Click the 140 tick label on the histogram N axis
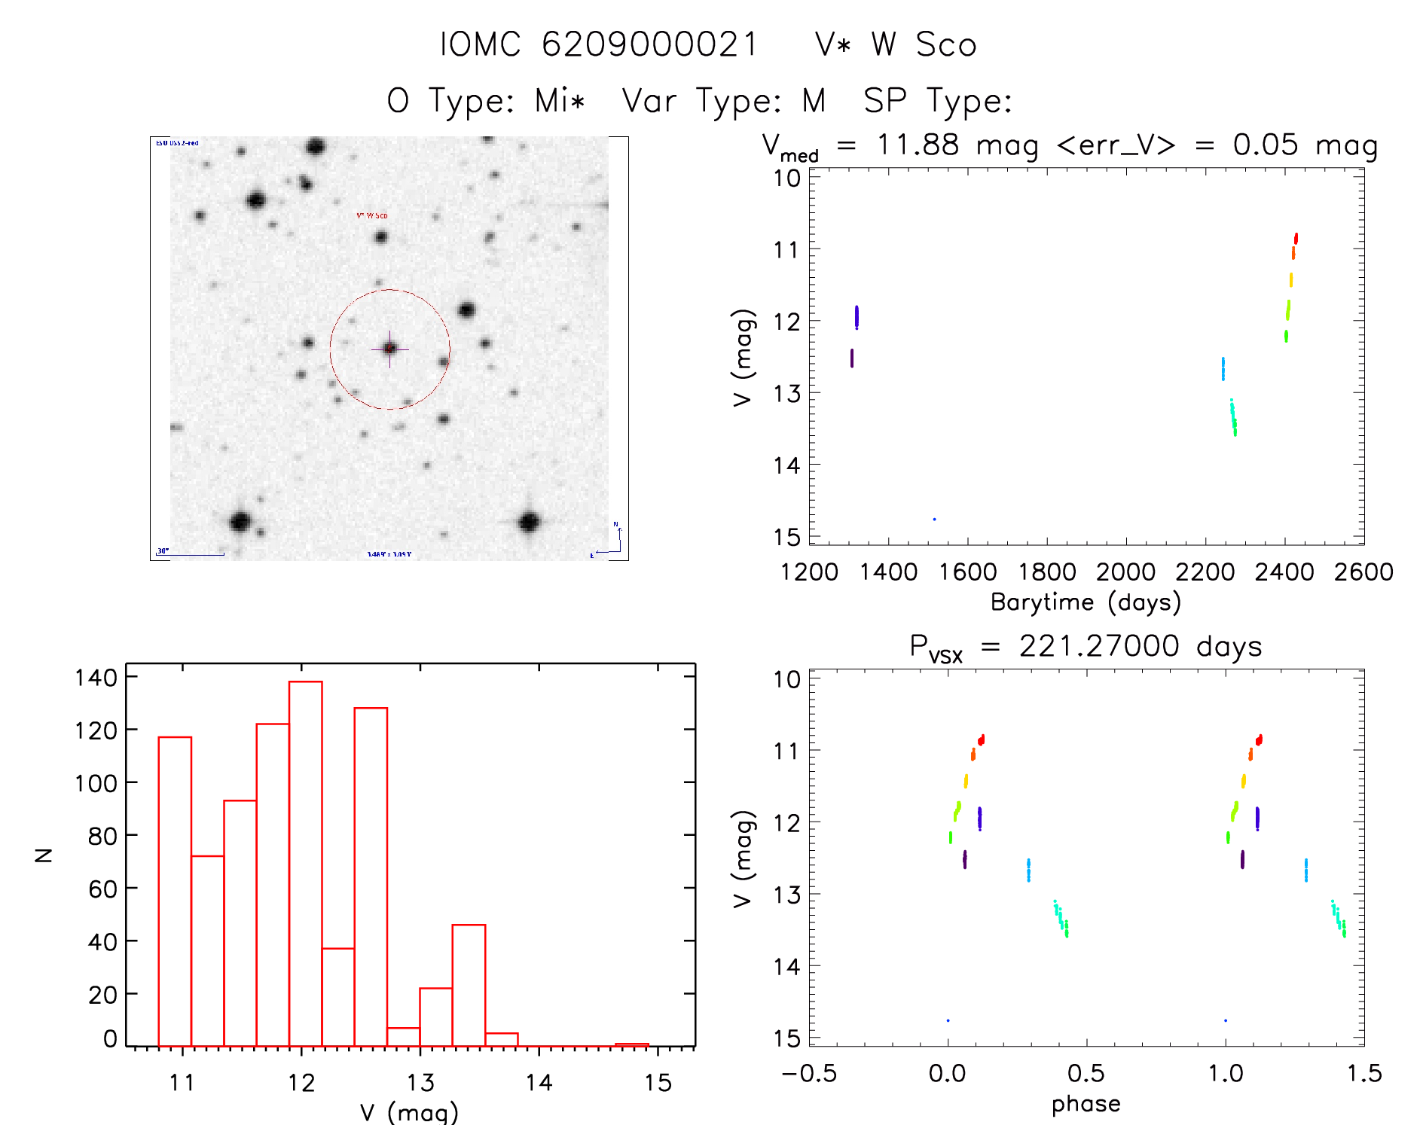point(96,678)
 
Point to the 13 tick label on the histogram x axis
point(420,1083)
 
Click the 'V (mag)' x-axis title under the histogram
point(409,1111)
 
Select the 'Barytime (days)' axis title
point(1086,602)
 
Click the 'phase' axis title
point(1086,1104)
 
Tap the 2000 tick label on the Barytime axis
point(1125,572)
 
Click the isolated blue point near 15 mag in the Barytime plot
point(934,520)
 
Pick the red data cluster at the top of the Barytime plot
point(1296,239)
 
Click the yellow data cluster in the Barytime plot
point(1290,280)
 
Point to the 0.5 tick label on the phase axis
point(1086,1074)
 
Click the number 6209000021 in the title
point(649,44)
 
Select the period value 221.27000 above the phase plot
point(1098,647)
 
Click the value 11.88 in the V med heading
point(918,145)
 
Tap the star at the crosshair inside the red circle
point(389,349)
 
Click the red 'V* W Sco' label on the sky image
point(372,216)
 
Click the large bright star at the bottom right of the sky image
point(530,521)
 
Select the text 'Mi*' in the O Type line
point(560,101)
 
